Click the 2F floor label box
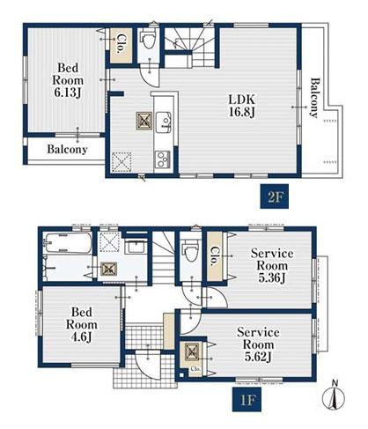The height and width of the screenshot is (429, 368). tap(274, 196)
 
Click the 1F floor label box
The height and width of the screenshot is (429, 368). tap(247, 399)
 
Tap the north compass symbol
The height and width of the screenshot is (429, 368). tap(334, 396)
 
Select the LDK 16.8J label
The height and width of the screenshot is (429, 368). tap(242, 106)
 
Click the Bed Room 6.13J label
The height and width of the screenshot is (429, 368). tap(68, 80)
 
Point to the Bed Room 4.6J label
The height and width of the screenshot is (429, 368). tap(82, 324)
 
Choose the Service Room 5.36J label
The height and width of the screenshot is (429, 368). tap(272, 265)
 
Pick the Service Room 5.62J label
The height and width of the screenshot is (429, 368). tap(258, 344)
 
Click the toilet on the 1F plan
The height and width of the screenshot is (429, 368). tap(190, 252)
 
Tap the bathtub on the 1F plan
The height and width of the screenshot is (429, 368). tap(68, 242)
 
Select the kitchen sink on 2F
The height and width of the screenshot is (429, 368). tap(164, 122)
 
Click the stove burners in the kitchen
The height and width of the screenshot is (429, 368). tap(162, 159)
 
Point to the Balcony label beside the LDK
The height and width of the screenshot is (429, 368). tap(314, 98)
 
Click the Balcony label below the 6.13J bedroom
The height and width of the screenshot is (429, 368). tap(67, 150)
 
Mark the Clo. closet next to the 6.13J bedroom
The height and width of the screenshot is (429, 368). tap(121, 45)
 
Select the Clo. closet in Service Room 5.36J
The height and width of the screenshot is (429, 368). tap(215, 255)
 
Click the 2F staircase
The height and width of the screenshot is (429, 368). tap(189, 47)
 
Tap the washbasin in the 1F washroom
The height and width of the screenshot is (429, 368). tap(136, 246)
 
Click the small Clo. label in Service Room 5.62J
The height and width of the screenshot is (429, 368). tap(195, 369)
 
